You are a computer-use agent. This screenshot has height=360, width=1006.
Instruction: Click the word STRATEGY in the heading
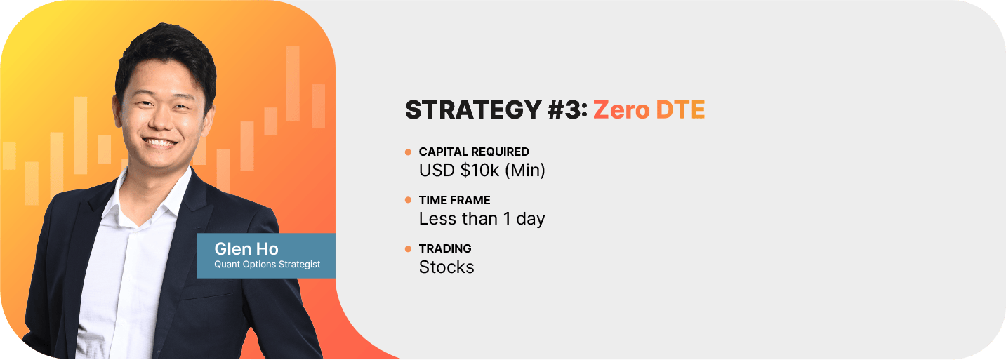[x=473, y=109]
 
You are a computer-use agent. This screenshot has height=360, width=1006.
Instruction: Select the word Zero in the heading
[x=621, y=110]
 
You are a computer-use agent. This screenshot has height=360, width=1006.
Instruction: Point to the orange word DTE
[x=680, y=110]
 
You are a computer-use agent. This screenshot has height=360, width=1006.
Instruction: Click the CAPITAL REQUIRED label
[x=474, y=152]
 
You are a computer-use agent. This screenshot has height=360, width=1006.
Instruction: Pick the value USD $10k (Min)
[x=482, y=171]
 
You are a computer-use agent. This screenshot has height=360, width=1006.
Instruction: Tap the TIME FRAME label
[x=454, y=200]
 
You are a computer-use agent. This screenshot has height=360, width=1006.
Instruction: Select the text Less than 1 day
[x=482, y=219]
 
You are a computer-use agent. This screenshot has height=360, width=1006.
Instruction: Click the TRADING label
[x=445, y=248]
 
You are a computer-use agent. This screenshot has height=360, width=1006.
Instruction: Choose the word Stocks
[x=446, y=267]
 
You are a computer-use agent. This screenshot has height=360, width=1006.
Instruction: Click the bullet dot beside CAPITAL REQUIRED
[x=409, y=152]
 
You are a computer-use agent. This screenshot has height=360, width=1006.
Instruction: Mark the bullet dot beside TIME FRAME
[x=409, y=200]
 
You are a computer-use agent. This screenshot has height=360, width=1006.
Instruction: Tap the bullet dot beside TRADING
[x=409, y=248]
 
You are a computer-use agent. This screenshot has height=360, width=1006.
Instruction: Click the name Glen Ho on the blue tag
[x=246, y=248]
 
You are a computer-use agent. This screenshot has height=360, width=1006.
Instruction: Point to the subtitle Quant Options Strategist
[x=267, y=265]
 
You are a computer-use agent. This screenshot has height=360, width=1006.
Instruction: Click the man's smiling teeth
[x=160, y=142]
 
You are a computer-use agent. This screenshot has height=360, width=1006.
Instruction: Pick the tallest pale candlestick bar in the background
[x=293, y=84]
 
